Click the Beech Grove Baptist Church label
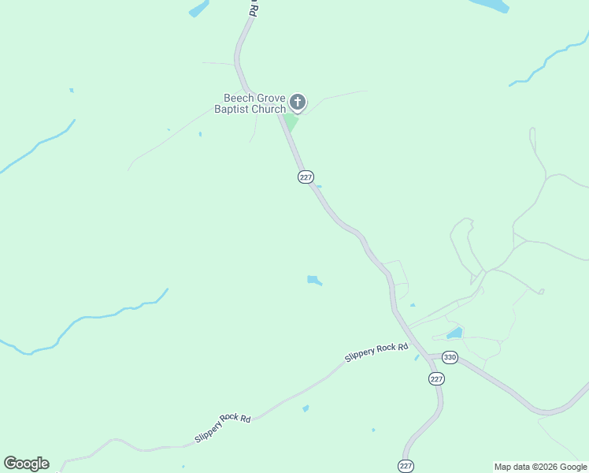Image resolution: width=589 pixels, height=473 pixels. [x=250, y=104]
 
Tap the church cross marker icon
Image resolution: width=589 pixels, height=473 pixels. [x=298, y=102]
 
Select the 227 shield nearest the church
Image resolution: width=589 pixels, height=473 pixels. [x=306, y=177]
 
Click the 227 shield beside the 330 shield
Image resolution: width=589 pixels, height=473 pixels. [x=437, y=379]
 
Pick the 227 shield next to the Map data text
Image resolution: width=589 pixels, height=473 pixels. [x=406, y=466]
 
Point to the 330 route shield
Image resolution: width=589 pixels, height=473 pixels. [x=450, y=358]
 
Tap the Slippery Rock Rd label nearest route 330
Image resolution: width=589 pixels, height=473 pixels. [x=376, y=352]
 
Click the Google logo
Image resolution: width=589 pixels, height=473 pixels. [x=26, y=464]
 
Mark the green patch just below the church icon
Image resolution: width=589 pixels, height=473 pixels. [x=291, y=122]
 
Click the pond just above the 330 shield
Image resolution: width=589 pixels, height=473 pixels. [x=454, y=333]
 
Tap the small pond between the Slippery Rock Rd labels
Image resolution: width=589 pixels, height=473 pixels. [x=305, y=408]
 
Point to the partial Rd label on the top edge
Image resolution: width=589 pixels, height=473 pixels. [x=253, y=9]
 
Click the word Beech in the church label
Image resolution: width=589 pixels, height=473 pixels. [x=237, y=99]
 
